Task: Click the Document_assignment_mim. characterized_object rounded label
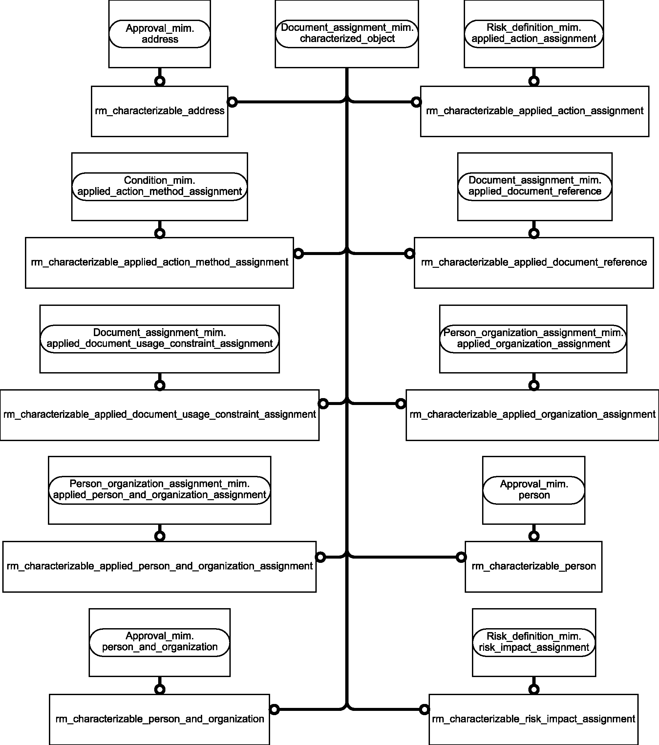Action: tap(347, 33)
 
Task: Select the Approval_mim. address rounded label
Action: tap(159, 34)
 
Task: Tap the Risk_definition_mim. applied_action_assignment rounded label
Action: tap(534, 33)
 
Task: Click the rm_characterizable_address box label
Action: tap(159, 111)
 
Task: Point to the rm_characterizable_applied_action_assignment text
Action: tap(535, 111)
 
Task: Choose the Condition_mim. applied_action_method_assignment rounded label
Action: tap(159, 186)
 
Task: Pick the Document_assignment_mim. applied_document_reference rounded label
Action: tap(535, 186)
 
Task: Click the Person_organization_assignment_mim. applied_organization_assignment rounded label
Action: tap(533, 339)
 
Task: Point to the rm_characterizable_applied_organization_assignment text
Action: tap(533, 415)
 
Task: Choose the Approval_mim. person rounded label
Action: tap(534, 490)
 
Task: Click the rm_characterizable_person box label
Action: tap(534, 566)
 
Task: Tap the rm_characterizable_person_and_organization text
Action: tap(159, 719)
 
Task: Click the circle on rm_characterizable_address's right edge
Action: tap(232, 102)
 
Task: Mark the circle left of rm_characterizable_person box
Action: tap(461, 557)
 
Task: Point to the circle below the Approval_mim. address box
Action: tap(159, 81)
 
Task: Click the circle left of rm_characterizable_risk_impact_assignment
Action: tap(424, 709)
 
